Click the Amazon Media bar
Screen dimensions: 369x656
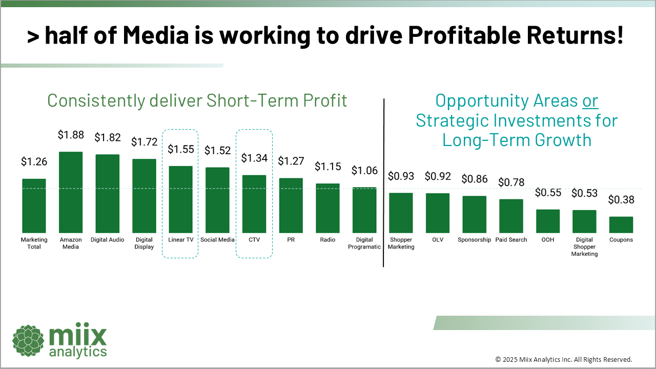click(x=71, y=192)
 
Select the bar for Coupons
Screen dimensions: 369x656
click(x=621, y=224)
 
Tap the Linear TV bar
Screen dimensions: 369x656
click(x=181, y=199)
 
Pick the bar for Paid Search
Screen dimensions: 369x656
click(x=511, y=216)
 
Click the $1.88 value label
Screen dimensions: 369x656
click(x=71, y=135)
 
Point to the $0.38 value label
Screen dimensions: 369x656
click(x=621, y=200)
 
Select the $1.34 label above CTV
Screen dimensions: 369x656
click(x=255, y=158)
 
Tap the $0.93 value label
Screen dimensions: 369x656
click(x=401, y=176)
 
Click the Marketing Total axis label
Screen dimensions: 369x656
click(x=34, y=243)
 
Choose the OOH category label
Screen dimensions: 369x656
click(x=548, y=240)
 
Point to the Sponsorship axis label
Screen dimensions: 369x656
click(x=474, y=240)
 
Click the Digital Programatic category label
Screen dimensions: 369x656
click(x=364, y=243)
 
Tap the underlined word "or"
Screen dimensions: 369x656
click(x=590, y=101)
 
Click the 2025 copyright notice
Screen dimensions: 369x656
click(x=563, y=359)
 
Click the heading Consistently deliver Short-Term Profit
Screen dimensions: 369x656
click(x=197, y=100)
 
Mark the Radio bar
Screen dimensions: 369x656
click(x=327, y=208)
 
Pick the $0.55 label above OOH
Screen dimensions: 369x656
click(x=548, y=193)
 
